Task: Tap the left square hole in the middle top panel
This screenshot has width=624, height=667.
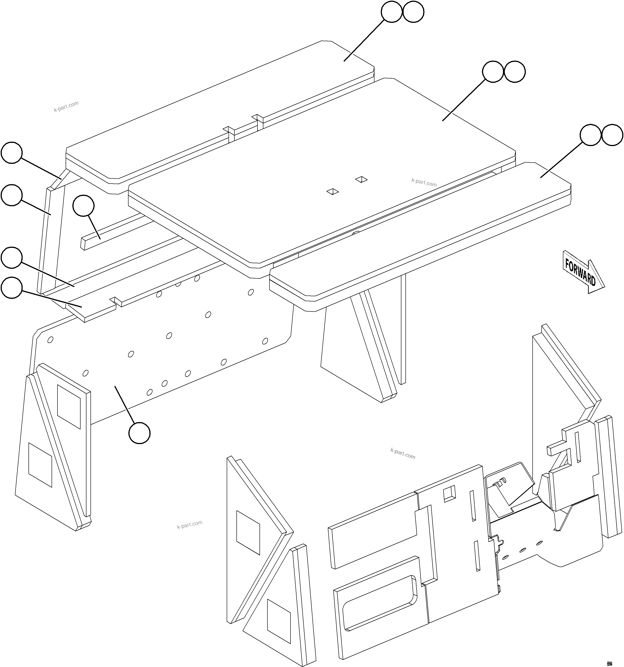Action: coord(333,192)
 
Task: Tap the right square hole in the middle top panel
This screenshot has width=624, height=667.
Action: coord(361,179)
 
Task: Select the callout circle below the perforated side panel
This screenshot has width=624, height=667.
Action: coord(139,433)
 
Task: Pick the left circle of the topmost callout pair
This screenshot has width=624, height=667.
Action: coord(391,12)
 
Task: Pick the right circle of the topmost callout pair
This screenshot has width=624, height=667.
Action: coord(413,12)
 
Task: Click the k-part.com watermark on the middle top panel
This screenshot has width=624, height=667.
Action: coord(424,182)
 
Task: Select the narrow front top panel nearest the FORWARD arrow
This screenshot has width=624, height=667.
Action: coord(419,232)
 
